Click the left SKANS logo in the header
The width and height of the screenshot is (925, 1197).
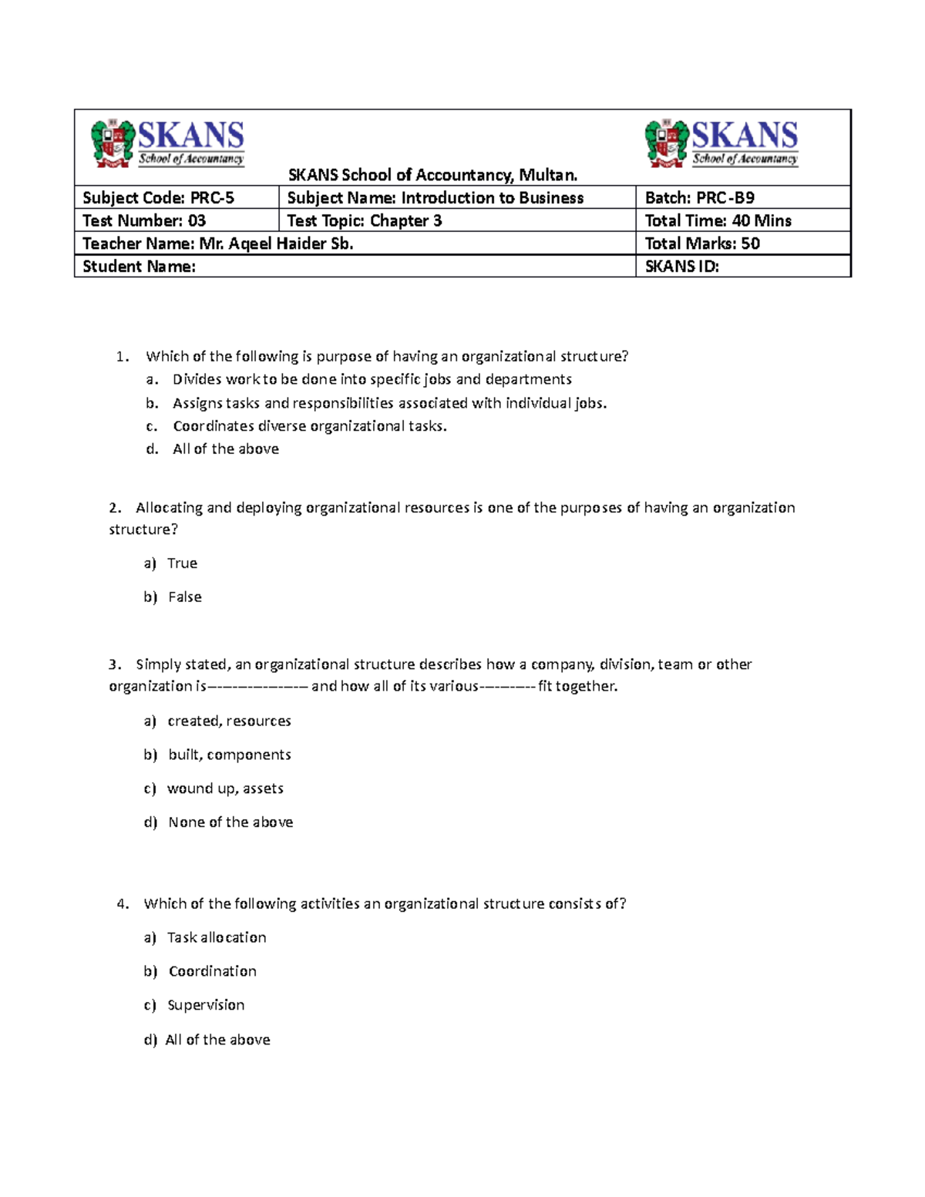click(168, 143)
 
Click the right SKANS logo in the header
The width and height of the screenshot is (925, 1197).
click(721, 143)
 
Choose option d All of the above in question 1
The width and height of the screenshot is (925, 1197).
click(225, 449)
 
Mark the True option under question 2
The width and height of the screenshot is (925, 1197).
click(182, 563)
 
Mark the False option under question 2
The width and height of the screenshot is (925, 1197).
click(184, 597)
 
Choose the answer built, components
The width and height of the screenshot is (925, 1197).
click(229, 755)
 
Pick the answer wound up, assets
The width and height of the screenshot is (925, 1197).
click(225, 788)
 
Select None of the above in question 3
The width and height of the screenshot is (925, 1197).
click(230, 822)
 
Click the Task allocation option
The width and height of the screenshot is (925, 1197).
click(217, 938)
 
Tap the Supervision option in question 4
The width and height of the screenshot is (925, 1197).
click(206, 1005)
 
